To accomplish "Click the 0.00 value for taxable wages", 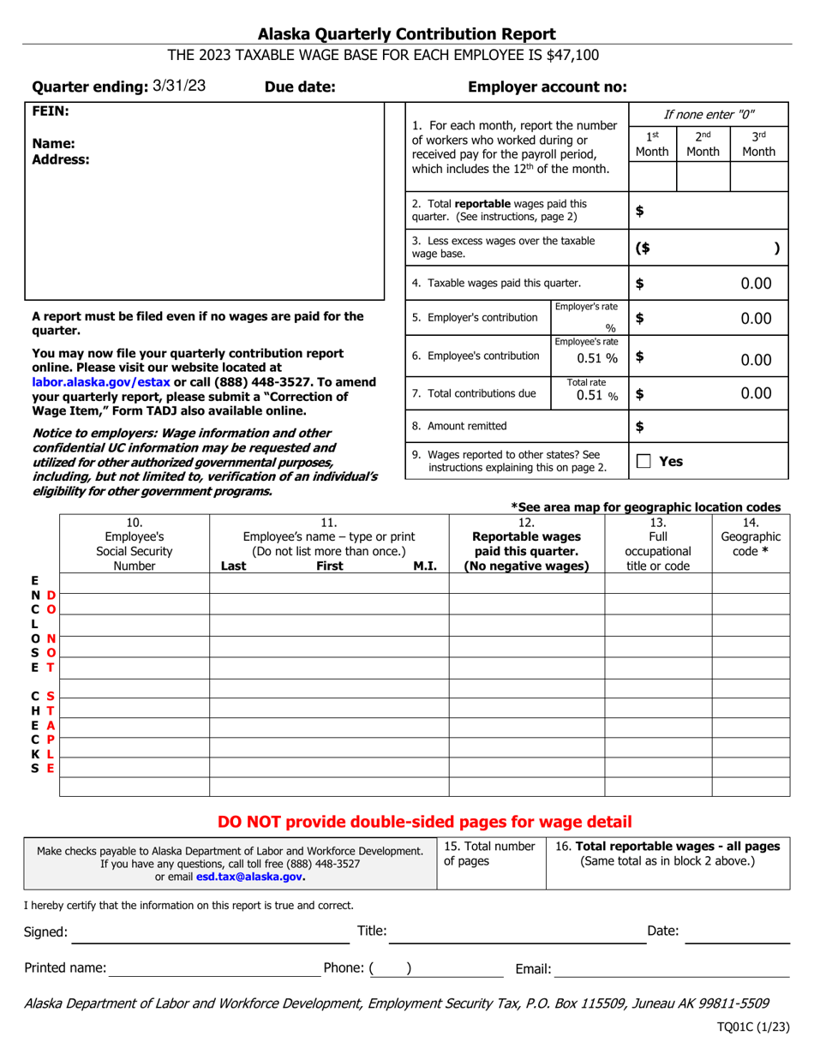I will pyautogui.click(x=756, y=283).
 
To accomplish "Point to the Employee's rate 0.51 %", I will pyautogui.click(x=588, y=359).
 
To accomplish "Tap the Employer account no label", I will pyautogui.click(x=548, y=87).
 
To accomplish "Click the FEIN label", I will pyautogui.click(x=50, y=111).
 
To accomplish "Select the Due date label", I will pyautogui.click(x=300, y=87).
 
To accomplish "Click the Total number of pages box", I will pyautogui.click(x=489, y=864).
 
